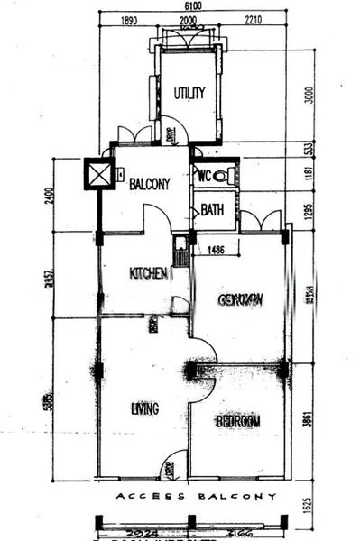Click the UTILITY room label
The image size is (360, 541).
pyautogui.click(x=189, y=92)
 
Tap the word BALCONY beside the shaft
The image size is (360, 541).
pyautogui.click(x=149, y=184)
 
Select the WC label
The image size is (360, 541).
pyautogui.click(x=205, y=176)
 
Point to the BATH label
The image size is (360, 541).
pyautogui.click(x=212, y=210)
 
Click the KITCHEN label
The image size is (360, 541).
pyautogui.click(x=148, y=273)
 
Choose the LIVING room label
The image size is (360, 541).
pyautogui.click(x=144, y=408)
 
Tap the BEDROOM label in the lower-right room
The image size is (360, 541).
pyautogui.click(x=238, y=421)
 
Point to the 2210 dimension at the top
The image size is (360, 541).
pyautogui.click(x=252, y=19)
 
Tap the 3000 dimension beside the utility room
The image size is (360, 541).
pyautogui.click(x=306, y=93)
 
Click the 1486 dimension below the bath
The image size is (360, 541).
pyautogui.click(x=216, y=250)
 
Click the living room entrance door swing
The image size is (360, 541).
pyautogui.click(x=168, y=469)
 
